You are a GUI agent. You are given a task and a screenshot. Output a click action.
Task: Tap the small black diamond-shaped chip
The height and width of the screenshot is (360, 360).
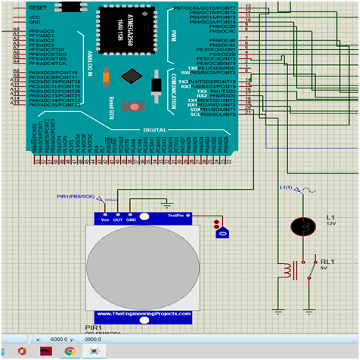point(134,76)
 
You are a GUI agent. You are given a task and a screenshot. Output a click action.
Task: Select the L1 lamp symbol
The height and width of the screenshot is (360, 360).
point(302,226)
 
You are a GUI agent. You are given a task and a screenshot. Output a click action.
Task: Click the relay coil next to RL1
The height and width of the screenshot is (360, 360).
point(287,270)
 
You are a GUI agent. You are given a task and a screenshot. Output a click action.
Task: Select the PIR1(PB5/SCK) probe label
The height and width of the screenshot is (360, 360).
point(76,197)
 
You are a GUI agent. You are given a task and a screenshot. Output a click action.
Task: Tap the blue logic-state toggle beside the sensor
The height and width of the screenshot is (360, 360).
point(222,233)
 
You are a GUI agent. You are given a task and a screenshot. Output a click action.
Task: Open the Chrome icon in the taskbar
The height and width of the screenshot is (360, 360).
point(69,352)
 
